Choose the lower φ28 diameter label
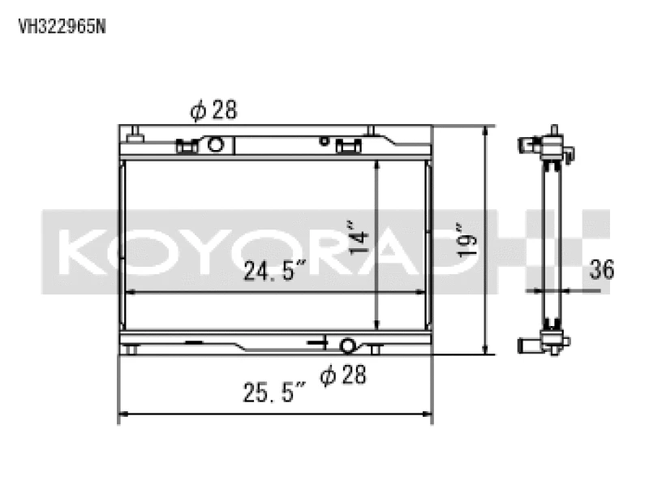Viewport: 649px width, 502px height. [342, 375]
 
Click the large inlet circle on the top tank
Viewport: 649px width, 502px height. [215, 145]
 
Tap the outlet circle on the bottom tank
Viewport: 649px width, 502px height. [347, 346]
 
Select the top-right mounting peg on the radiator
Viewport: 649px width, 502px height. [372, 131]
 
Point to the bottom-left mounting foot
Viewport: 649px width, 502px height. [130, 350]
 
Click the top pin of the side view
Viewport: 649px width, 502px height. [555, 131]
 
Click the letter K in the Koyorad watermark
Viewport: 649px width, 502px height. [80, 251]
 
